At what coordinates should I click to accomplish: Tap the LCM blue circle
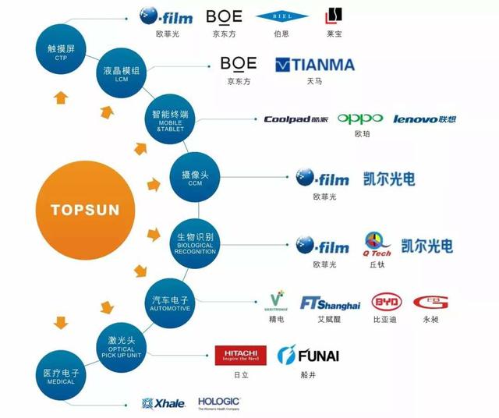[x=122, y=74]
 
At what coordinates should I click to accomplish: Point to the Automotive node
[x=170, y=301]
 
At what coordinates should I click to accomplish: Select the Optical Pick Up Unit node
[x=122, y=345]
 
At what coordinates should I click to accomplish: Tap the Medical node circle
[x=62, y=376]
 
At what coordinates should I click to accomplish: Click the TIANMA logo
[x=315, y=65]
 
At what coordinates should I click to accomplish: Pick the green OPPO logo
[x=359, y=119]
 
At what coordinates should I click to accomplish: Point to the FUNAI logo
[x=309, y=356]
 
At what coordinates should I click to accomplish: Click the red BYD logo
[x=386, y=303]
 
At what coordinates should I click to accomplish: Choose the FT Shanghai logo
[x=330, y=303]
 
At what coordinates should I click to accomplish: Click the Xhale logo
[x=163, y=403]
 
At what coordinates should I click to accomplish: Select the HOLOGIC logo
[x=219, y=402]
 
